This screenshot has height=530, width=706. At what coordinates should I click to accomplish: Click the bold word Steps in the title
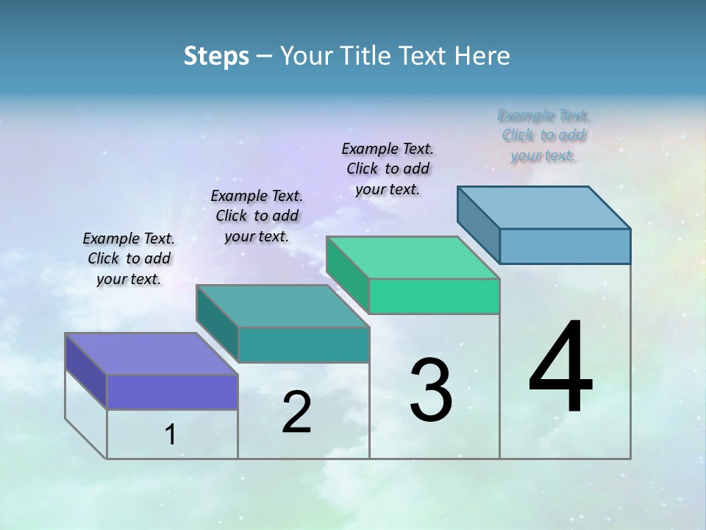point(216,56)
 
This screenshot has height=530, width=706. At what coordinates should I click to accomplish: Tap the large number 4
point(561,368)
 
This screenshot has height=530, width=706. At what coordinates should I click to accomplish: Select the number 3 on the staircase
point(431,391)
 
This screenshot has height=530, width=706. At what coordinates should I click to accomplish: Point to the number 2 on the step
point(296,413)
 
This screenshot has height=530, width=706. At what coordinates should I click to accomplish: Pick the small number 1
point(171,435)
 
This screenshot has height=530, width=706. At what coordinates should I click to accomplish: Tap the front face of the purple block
point(172,392)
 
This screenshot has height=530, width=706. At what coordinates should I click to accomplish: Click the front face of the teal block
point(303,344)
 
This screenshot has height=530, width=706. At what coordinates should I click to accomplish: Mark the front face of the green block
point(434,296)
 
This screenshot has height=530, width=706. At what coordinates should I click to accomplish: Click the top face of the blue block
point(544,208)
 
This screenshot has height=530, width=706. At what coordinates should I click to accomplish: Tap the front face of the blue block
point(565,246)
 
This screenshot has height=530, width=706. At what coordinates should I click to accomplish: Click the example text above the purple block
point(129,258)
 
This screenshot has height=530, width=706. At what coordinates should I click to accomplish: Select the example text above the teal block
point(257,216)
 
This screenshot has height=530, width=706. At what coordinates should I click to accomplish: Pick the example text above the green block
point(388,169)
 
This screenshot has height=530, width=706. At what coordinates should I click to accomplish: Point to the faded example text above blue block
point(543,135)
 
